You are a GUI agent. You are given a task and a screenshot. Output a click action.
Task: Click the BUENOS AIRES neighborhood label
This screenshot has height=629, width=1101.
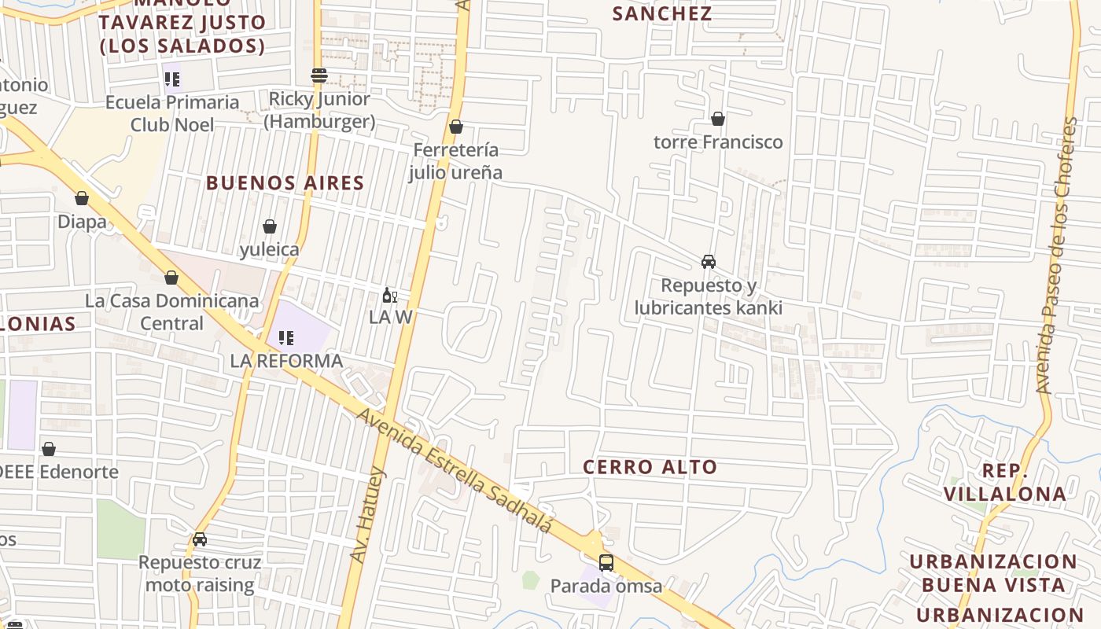click(285, 183)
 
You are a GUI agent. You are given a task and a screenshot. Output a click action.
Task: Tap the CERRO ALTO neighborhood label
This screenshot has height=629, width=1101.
click(650, 467)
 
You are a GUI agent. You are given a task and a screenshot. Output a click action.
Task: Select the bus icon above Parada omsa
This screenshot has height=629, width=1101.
click(606, 563)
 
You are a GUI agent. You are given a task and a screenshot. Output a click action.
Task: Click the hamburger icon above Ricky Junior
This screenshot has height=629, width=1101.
click(319, 75)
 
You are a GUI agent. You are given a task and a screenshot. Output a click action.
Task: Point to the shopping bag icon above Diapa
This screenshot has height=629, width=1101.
click(82, 198)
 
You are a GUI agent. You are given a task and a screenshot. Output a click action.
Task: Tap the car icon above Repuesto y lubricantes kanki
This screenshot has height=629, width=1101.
click(708, 262)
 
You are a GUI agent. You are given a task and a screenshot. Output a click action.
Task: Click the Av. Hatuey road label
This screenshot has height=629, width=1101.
click(367, 516)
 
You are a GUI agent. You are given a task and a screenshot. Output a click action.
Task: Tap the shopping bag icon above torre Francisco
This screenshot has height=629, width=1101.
click(717, 119)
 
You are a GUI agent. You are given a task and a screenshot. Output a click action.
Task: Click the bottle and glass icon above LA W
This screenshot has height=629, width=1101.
click(388, 296)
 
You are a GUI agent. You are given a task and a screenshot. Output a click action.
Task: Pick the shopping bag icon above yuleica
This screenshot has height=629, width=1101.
click(270, 226)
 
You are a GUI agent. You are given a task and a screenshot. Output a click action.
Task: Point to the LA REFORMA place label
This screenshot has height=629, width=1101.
click(286, 361)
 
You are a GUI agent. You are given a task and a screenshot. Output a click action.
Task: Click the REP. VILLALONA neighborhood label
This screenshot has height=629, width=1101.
click(1005, 482)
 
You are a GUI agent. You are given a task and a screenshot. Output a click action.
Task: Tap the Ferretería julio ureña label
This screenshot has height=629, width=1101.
click(455, 160)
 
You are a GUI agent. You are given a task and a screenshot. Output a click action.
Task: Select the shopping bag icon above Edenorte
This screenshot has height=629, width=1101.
click(49, 449)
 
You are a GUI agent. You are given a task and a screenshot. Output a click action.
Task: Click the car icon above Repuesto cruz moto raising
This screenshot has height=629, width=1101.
click(200, 539)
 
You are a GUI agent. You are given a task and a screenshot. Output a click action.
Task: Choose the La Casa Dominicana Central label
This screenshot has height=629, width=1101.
click(171, 311)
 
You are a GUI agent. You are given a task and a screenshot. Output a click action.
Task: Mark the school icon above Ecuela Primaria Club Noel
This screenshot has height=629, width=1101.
click(172, 79)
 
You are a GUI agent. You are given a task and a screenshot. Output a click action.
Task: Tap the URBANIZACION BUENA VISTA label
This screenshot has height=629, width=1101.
click(993, 573)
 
